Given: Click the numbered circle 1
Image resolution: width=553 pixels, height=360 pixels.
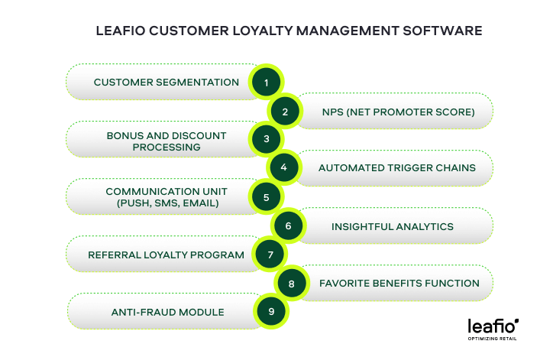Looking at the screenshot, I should coord(266,83).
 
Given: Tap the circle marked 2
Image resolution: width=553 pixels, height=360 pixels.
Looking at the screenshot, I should coord(285,112).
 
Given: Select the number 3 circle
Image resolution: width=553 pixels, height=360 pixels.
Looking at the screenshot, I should coord(266,139).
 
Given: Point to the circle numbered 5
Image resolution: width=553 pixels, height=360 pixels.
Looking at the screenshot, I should coord(266,197).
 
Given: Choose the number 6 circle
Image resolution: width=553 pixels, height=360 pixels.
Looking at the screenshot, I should coord(287,226).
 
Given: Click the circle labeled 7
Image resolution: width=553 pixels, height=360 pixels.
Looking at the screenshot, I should coord(270,255).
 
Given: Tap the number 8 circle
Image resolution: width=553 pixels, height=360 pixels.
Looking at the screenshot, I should coord(291,284).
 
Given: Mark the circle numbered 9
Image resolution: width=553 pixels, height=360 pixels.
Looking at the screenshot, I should coord(271,312).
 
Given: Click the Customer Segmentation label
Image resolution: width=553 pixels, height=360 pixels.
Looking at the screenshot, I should coord(166,82).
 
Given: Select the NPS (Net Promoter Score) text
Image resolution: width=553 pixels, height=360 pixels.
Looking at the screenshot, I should coord(398,112).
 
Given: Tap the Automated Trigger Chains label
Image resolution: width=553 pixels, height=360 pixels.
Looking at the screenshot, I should coord(396,168).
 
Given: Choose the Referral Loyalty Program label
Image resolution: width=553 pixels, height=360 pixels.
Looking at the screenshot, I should coord(166,255).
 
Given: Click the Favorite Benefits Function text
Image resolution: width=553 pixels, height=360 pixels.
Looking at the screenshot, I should coord(399,283).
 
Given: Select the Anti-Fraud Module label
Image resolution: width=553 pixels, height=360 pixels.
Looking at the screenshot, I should coord(167,312).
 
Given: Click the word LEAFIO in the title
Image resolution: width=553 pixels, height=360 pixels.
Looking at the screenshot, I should coord(120,31).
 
